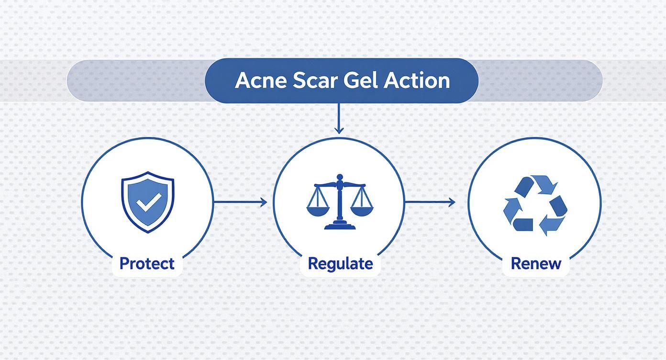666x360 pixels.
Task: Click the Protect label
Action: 147,263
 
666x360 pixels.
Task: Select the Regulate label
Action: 340,263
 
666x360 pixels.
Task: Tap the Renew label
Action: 535,263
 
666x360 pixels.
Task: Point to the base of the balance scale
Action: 340,225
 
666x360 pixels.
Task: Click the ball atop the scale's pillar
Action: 340,178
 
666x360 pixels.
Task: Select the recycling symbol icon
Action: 535,205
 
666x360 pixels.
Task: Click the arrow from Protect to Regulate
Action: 240,202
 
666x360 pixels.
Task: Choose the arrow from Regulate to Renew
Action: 430,202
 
